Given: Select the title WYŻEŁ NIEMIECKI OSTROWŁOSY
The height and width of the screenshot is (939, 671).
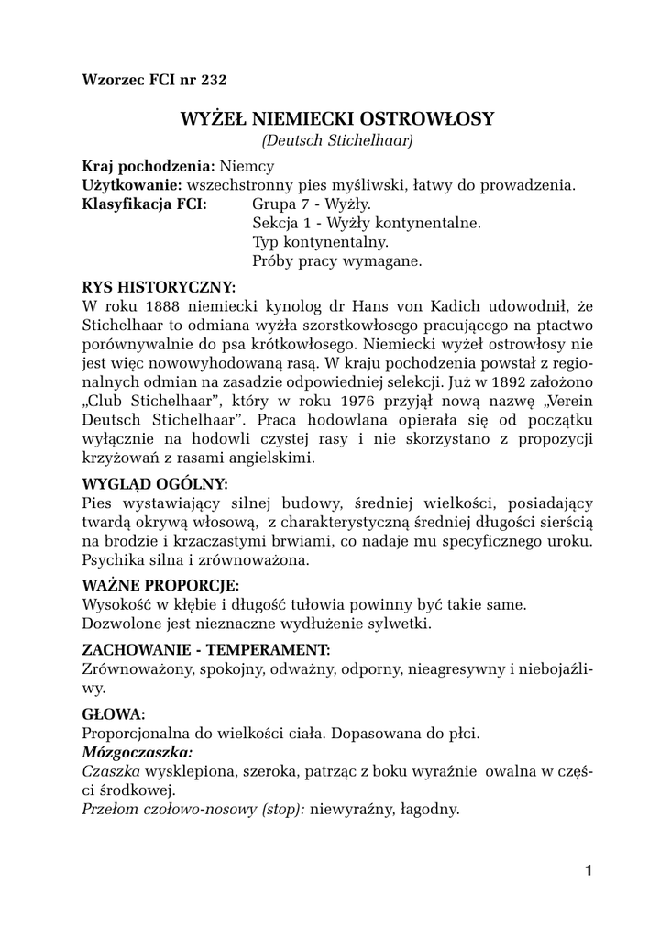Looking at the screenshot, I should pos(336,119).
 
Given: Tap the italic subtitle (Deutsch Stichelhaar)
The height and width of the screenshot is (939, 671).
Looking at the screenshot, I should pos(336,140).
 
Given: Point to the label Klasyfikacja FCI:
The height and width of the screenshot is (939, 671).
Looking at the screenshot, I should pos(144,204).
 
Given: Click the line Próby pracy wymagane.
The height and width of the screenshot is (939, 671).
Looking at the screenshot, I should pos(336,260).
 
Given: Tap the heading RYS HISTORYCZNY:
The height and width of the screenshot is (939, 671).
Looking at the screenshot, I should pos(159,286).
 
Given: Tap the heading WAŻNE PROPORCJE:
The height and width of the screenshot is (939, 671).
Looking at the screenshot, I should pos(160,585).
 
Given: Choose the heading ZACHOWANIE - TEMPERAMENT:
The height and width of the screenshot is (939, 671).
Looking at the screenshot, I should pos(206,649).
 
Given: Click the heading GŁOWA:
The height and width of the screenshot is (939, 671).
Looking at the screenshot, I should pos(113,713).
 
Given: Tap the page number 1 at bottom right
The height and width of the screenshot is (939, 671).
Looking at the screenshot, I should pos(588,871).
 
